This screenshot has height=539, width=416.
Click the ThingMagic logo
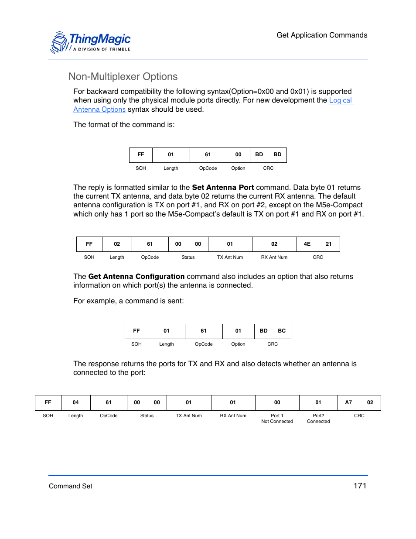coord(91,42)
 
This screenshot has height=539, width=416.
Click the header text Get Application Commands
coord(322,35)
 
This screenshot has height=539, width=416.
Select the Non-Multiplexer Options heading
coord(123,77)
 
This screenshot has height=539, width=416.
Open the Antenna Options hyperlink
coord(99,110)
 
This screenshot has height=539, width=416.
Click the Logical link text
coord(340,100)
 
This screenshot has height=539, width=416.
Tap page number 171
coord(360,486)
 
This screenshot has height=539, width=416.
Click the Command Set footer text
coord(71,486)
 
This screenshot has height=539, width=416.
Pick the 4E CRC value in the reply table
coord(307,244)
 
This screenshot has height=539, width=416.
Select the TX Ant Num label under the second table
coord(230,257)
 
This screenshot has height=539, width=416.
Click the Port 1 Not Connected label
coord(277,419)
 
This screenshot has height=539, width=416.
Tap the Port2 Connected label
coord(318,419)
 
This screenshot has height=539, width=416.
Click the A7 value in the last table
coord(348,402)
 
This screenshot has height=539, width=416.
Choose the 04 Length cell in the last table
coord(76,402)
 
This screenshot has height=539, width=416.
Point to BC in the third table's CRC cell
coord(282,331)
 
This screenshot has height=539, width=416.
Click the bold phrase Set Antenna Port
coord(223,188)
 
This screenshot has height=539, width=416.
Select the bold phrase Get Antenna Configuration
coord(136,277)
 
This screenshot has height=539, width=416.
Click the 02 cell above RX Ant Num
coord(274,244)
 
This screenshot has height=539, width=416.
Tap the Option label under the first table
coord(238,168)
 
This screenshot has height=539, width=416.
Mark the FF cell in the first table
coord(141,154)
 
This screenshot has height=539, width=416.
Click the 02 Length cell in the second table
coord(117,244)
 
